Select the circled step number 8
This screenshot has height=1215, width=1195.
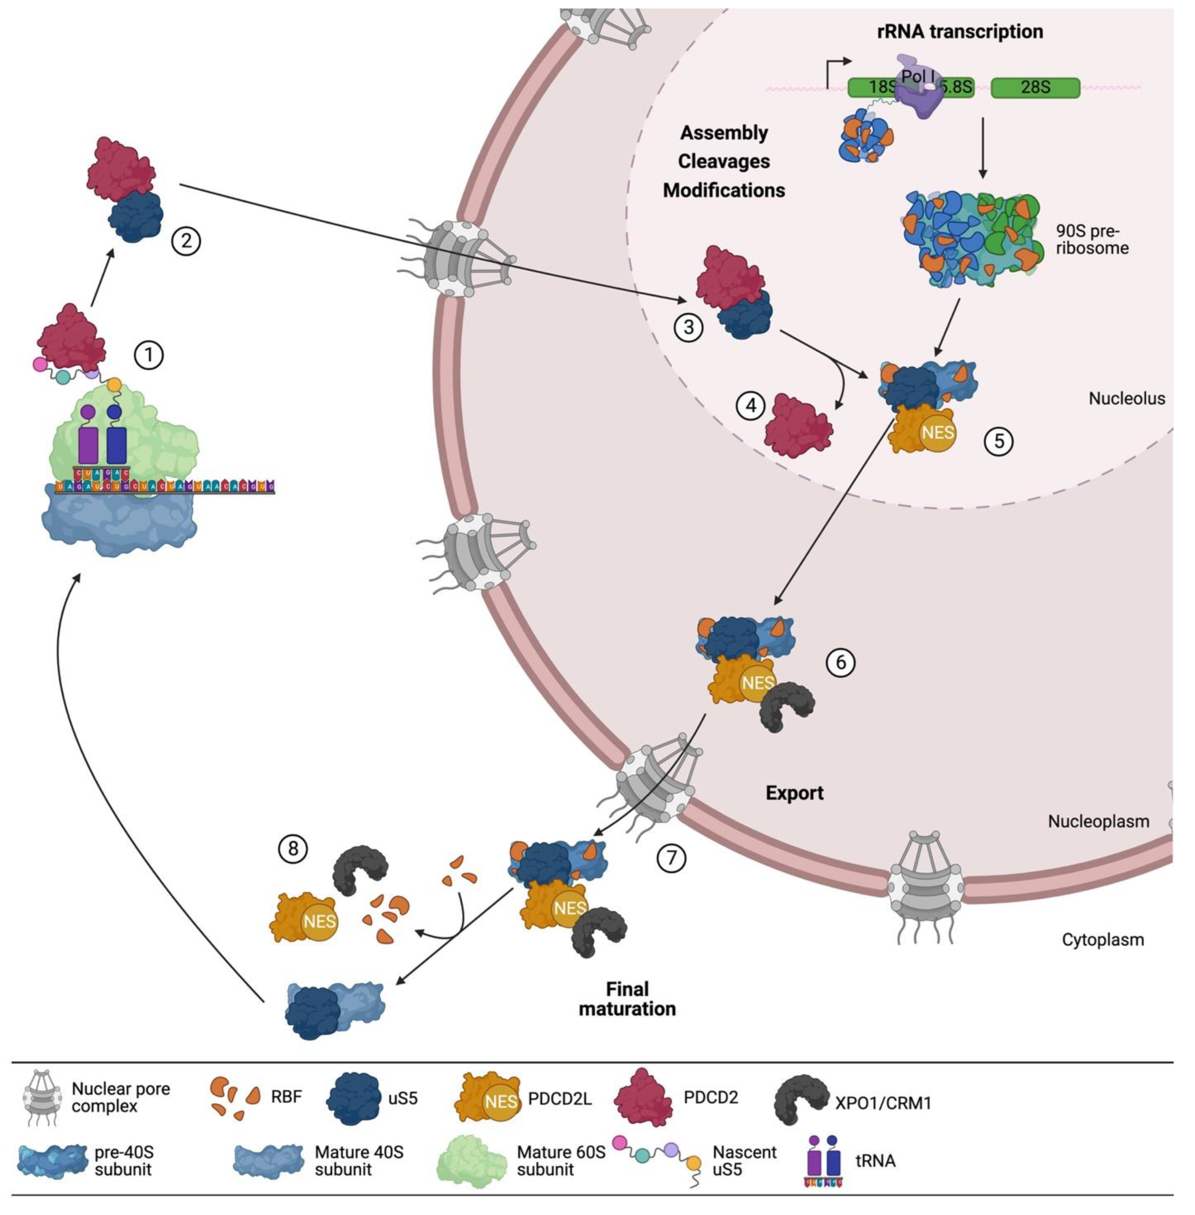(293, 850)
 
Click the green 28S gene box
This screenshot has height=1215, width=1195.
(1035, 87)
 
